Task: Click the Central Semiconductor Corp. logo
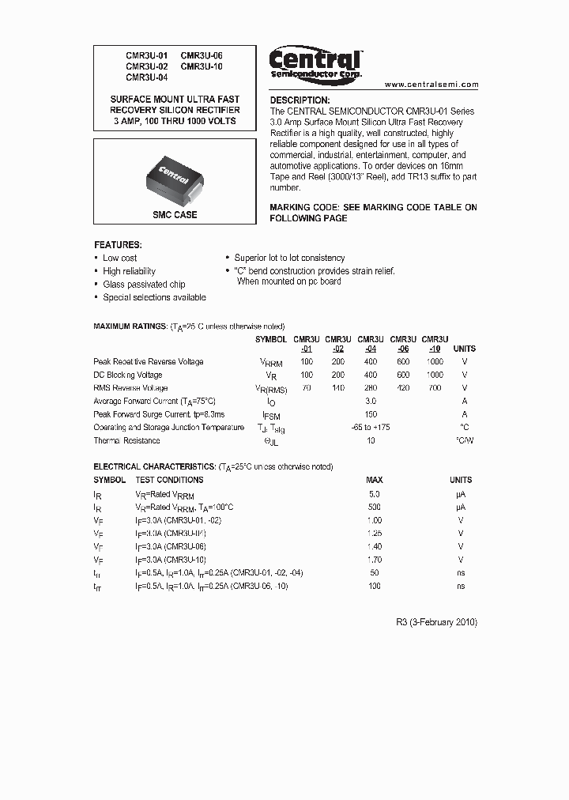point(315,62)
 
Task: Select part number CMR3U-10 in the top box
point(202,67)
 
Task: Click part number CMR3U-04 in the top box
point(147,78)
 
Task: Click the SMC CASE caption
point(175,214)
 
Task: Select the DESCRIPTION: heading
point(300,100)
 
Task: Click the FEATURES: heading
point(118,245)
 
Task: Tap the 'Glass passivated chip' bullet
point(144,285)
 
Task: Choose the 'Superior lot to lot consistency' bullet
point(289,258)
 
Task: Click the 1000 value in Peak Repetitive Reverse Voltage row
point(435,362)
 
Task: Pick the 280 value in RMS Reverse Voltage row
point(370,388)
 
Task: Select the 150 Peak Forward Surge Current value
point(370,414)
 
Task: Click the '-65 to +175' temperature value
point(370,428)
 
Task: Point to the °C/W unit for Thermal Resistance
point(464,441)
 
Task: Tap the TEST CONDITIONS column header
point(169,480)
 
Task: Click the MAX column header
point(374,480)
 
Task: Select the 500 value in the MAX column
point(374,507)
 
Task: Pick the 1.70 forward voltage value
point(374,560)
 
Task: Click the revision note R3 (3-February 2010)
point(436,622)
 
